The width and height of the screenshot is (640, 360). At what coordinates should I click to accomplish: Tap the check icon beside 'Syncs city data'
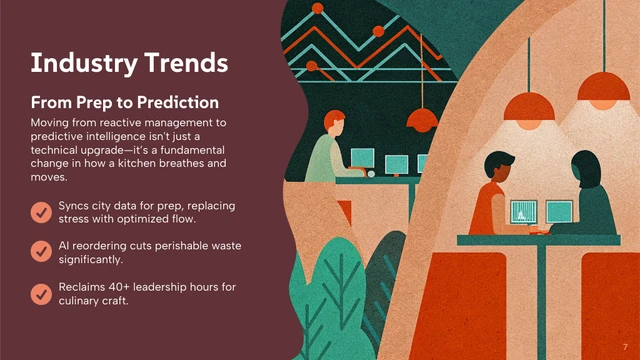[x=41, y=212]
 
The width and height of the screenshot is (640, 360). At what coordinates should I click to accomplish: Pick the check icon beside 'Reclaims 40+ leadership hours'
[x=41, y=294]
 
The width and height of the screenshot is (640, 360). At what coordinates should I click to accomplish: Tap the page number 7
[x=624, y=346]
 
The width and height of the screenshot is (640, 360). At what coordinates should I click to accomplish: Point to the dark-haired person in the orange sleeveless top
[x=497, y=195]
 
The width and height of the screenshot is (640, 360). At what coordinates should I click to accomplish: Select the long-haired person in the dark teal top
[x=589, y=195]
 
